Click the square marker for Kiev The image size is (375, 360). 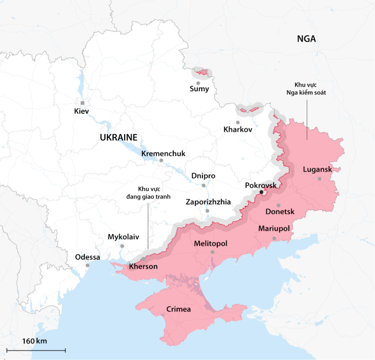point(82,103)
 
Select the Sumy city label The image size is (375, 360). point(199,88)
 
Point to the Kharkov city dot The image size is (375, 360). point(238,122)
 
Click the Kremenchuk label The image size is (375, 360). point(163,153)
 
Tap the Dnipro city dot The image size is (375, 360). point(203,186)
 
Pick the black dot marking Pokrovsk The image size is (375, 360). point(261,193)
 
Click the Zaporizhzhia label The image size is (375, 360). point(208,202)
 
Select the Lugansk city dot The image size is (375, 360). point(319,178)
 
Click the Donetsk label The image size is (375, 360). point(280,212)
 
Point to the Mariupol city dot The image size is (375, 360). point(274,239)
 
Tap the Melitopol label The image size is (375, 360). point(211,243)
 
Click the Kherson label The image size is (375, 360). point(143,267)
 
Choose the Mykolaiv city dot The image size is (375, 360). point(122,246)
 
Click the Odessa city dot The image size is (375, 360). point(87,266)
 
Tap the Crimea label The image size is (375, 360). point(179,309)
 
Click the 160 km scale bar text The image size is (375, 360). point(35,341)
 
